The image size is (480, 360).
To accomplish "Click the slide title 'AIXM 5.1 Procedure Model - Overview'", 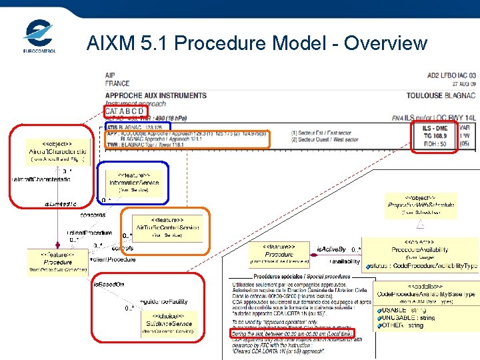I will [x=257, y=43].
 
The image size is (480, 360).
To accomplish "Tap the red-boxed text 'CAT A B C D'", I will [x=129, y=111].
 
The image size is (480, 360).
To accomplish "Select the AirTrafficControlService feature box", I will [x=167, y=227].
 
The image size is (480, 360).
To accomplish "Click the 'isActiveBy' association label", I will [x=331, y=248].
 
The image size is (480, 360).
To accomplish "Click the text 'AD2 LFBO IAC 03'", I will [x=451, y=75].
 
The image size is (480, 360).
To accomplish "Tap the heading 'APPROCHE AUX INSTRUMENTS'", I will [x=155, y=95].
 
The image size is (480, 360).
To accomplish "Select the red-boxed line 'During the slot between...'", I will [x=293, y=332].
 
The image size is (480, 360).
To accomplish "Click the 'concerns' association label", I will [x=93, y=215].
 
